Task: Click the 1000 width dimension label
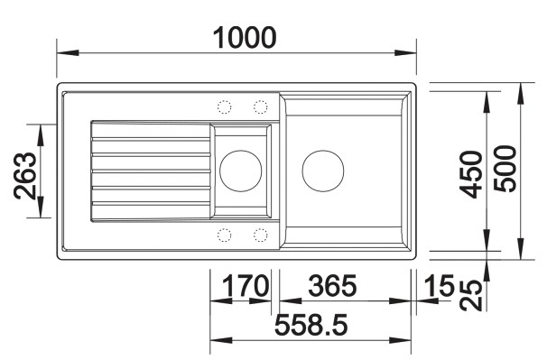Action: pyautogui.click(x=245, y=37)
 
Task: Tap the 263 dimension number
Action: pyautogui.click(x=25, y=176)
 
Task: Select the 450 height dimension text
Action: pyautogui.click(x=471, y=174)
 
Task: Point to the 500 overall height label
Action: pyautogui.click(x=505, y=169)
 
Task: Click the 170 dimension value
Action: pyautogui.click(x=246, y=286)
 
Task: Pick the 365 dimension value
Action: pyautogui.click(x=332, y=286)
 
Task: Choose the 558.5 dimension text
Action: pyautogui.click(x=311, y=325)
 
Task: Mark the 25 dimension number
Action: pyautogui.click(x=471, y=295)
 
